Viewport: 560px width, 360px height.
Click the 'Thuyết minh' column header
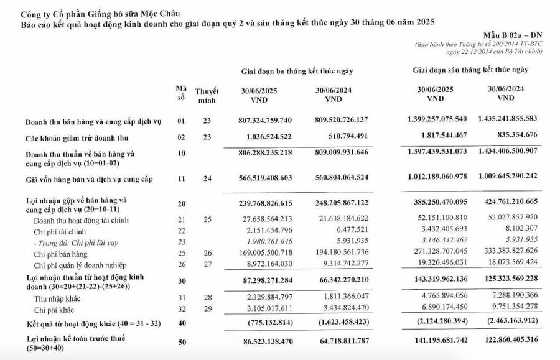tap(206, 95)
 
